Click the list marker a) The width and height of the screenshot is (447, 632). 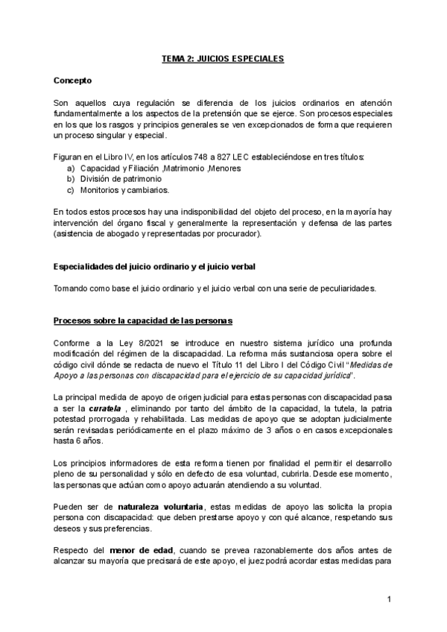coord(71,169)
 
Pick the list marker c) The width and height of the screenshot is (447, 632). coord(71,190)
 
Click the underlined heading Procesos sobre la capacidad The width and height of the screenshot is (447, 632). coord(143,321)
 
